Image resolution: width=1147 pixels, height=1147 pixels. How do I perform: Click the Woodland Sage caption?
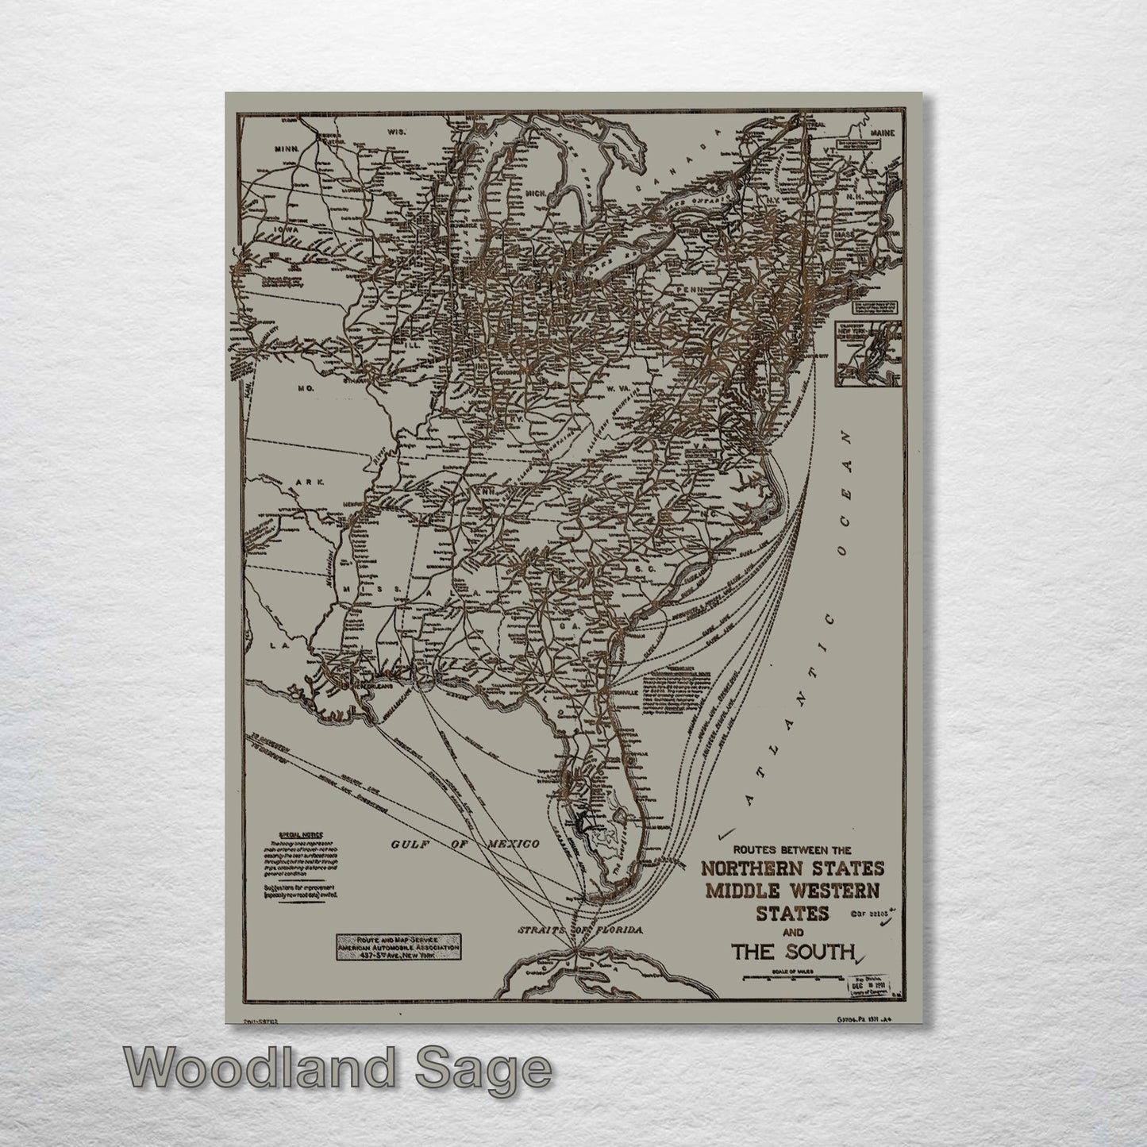[337, 1068]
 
